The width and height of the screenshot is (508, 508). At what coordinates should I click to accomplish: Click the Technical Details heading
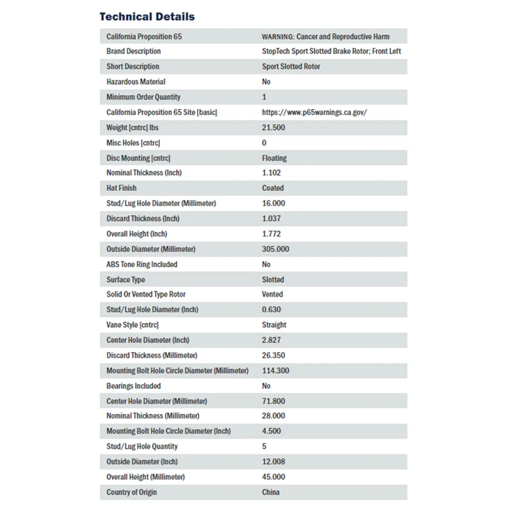(147, 16)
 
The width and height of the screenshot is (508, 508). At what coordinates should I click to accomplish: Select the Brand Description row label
(133, 51)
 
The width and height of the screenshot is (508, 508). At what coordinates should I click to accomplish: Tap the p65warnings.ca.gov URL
(314, 112)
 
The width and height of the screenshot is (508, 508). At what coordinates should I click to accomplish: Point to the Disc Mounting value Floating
(274, 158)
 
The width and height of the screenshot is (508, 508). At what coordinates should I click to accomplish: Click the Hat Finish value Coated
(273, 188)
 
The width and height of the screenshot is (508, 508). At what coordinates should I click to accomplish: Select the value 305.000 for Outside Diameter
(275, 249)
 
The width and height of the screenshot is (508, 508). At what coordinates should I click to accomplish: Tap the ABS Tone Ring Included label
(142, 264)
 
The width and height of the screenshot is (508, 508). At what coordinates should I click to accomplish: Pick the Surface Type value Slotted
(273, 279)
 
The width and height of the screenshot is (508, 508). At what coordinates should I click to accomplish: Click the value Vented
(272, 294)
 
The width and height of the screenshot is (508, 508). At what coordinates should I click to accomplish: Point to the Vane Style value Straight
(274, 325)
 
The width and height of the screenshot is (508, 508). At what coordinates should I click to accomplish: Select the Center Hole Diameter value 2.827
(271, 340)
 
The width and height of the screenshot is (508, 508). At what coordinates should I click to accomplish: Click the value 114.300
(275, 371)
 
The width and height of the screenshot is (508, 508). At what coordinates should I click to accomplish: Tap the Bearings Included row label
(133, 386)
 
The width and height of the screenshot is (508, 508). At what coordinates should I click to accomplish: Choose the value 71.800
(274, 401)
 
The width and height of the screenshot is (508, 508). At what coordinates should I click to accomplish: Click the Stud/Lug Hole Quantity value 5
(264, 447)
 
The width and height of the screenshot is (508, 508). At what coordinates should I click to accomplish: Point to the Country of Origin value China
(270, 492)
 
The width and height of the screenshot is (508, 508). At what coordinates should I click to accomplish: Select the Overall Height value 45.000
(274, 477)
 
